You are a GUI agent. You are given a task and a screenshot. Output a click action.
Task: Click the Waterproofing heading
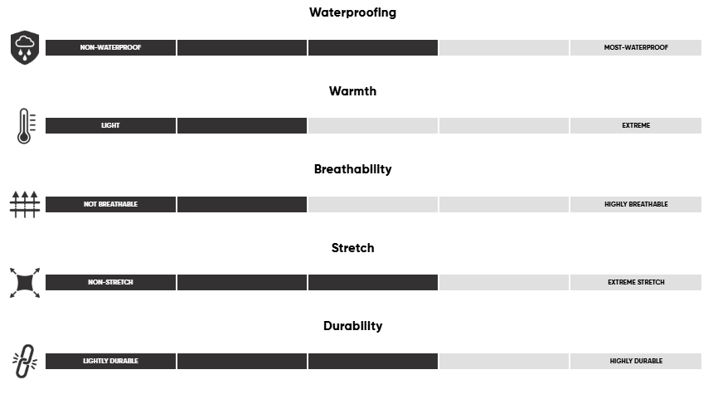pos(352,12)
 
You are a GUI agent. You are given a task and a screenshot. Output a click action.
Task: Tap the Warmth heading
pos(352,91)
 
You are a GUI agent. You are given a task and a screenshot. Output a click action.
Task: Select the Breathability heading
pos(352,169)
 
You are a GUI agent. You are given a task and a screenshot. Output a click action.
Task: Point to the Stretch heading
pos(352,248)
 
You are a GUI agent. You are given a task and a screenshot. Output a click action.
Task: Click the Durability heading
pos(352,326)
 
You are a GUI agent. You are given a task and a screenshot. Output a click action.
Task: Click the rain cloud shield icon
pos(25,47)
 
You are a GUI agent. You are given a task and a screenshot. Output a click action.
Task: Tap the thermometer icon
pos(26,126)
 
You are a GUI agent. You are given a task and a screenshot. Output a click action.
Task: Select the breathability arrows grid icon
pos(25,204)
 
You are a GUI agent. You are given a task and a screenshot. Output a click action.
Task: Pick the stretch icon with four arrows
pos(25,283)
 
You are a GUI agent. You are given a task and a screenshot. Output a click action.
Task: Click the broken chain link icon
pos(25,362)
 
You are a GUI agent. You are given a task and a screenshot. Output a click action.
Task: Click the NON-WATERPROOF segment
pos(110,47)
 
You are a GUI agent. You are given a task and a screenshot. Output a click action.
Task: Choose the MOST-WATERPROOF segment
pos(636,47)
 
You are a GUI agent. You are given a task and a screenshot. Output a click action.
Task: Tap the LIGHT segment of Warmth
pos(110,125)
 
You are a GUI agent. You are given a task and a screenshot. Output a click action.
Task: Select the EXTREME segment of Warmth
pos(636,125)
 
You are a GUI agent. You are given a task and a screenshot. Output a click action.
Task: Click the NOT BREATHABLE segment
pos(110,204)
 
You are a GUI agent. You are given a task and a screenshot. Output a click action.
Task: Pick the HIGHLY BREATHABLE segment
pos(636,204)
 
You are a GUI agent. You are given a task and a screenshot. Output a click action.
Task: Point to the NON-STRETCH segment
pos(110,282)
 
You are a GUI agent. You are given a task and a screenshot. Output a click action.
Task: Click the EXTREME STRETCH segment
pos(636,282)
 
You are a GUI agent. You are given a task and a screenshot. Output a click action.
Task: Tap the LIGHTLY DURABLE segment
pos(110,362)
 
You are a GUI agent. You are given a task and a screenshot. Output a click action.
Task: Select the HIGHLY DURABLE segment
pos(636,362)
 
